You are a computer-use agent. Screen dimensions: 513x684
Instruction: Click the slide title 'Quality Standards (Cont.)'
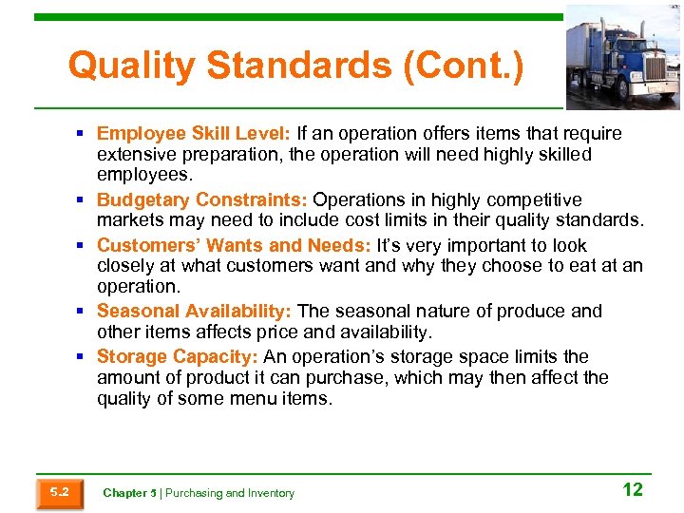point(295,66)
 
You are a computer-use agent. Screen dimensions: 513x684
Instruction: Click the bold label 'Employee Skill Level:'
point(195,133)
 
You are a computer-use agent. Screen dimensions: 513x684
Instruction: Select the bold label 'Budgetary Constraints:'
point(202,199)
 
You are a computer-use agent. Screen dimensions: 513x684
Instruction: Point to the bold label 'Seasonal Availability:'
point(195,312)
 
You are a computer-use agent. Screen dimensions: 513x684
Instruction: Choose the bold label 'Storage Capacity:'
point(177,356)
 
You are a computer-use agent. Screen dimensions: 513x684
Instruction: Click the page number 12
point(632,489)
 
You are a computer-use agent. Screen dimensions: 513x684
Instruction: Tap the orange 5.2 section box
point(59,492)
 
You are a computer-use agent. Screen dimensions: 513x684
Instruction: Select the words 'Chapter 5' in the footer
point(128,493)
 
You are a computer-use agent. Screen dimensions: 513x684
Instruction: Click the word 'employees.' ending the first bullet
point(144,176)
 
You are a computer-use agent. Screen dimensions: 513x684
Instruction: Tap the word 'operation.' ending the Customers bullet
point(139,286)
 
